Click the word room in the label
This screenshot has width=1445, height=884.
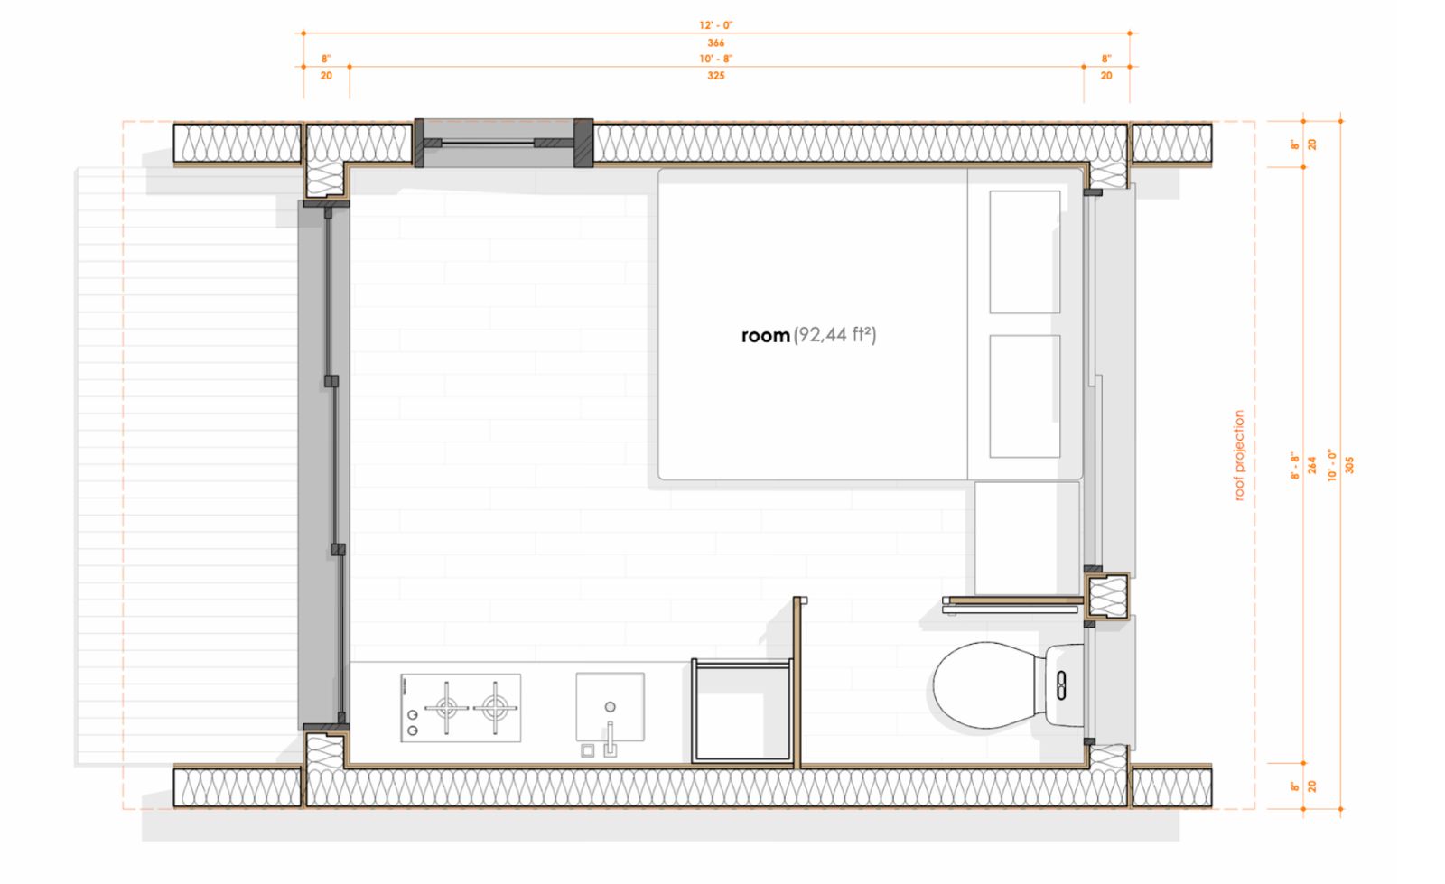coord(766,336)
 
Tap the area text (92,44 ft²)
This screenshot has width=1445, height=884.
coord(834,335)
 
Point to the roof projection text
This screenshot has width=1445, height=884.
coord(1238,455)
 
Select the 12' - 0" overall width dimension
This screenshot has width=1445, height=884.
coord(716,25)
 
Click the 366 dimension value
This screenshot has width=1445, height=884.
coord(716,42)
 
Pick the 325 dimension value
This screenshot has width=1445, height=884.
coord(716,76)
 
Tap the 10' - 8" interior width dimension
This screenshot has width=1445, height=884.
coord(716,59)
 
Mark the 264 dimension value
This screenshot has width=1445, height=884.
coord(1312,465)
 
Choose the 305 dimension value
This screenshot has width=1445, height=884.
coord(1349,465)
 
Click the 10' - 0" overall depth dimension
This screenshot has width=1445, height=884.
coord(1333,465)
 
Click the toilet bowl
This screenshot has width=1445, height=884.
coord(984,684)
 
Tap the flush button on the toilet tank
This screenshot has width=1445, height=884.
coord(1062,684)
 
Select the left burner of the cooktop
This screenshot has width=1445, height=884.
coord(446,708)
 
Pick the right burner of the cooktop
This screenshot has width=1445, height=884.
coord(495,708)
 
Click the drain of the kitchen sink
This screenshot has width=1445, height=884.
coord(610,707)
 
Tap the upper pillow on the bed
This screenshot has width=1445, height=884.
coord(1024,252)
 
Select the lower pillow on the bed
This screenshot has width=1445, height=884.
coord(1024,396)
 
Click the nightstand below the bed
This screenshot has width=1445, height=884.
coord(1027,538)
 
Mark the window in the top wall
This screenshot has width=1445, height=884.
coord(503,144)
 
